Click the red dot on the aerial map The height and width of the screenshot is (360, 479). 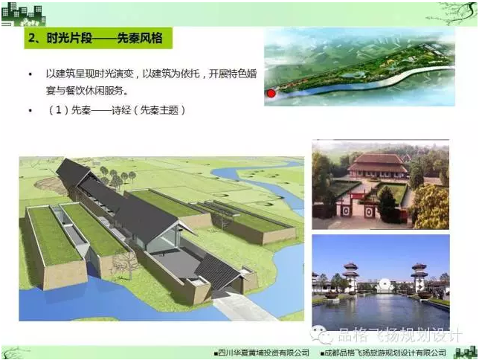(271, 93)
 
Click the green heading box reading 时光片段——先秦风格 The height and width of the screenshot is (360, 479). (98, 38)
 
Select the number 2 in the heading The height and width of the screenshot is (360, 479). (32, 38)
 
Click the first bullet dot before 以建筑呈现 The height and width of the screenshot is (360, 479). (30, 74)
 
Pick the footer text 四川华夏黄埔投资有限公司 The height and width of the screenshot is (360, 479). (263, 353)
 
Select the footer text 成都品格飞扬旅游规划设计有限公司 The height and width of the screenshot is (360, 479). (385, 353)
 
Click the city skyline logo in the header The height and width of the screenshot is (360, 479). (24, 16)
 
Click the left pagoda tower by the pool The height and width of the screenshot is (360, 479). (350, 276)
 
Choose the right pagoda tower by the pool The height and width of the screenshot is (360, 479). (419, 277)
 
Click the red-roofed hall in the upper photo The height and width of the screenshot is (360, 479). (378, 166)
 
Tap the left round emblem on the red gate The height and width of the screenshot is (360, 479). (346, 210)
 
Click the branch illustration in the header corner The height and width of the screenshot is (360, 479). (452, 13)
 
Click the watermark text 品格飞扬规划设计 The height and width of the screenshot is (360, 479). (400, 335)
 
